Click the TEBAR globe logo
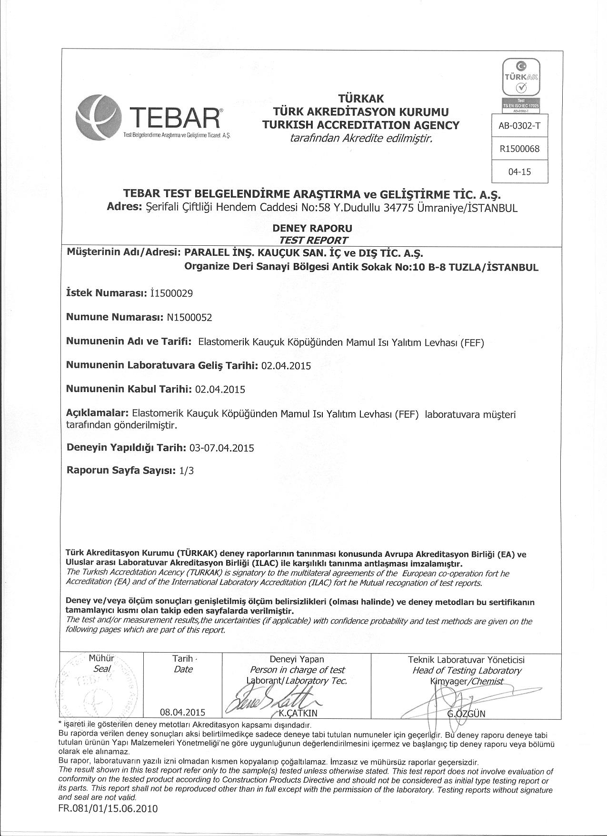click(99, 116)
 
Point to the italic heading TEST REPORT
click(309, 240)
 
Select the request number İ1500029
click(171, 293)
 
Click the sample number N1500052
click(189, 317)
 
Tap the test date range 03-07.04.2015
click(221, 448)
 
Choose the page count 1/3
click(187, 471)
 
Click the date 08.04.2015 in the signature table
click(183, 713)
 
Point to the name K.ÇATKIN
click(298, 713)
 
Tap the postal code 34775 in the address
click(384, 208)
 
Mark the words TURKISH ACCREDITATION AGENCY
click(361, 125)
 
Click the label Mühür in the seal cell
click(101, 659)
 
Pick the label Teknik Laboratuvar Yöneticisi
click(466, 660)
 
